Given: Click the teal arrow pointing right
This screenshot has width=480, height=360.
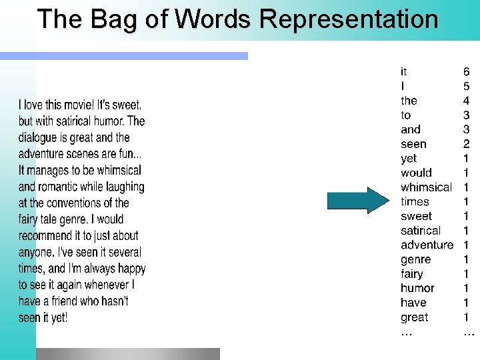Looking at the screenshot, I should click(357, 201).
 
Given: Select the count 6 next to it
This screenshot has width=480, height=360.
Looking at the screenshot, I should click(466, 71).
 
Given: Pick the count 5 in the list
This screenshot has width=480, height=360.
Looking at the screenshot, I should click(466, 86).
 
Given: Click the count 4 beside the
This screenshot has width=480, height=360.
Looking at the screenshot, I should click(466, 101).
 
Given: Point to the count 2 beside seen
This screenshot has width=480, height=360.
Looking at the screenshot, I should click(466, 144).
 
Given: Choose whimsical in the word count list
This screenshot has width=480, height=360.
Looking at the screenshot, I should click(426, 187).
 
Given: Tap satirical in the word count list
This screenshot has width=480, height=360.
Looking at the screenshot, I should click(421, 231).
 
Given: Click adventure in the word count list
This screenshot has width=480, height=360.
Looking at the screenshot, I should click(427, 245).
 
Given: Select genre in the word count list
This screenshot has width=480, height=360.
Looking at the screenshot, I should click(415, 259).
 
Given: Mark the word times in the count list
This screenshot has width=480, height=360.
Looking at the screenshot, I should click(415, 201).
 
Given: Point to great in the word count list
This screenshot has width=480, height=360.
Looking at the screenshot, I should click(414, 317).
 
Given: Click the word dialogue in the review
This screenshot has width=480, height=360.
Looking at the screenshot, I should click(40, 138).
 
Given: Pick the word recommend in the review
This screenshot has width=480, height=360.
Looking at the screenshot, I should click(45, 235).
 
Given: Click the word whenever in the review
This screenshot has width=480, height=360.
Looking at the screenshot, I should click(108, 285).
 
